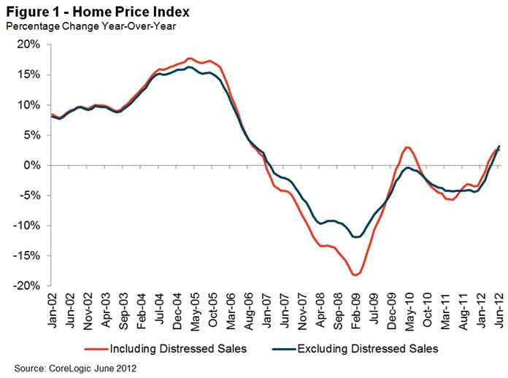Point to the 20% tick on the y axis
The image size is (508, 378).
point(28,45)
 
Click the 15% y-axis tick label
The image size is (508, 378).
point(28,74)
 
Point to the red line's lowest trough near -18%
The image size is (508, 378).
point(355,275)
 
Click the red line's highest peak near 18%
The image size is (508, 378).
point(190,58)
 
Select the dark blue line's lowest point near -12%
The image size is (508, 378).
point(356,237)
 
